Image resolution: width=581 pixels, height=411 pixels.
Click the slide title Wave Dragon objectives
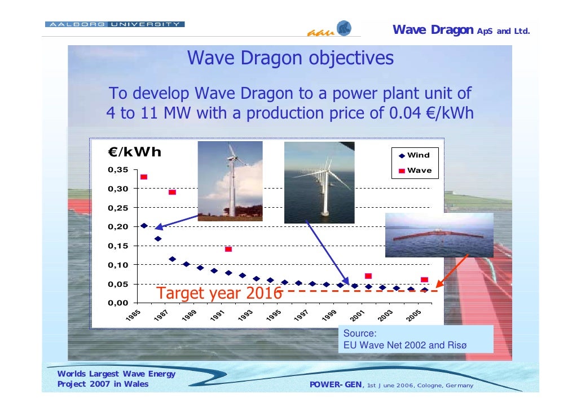(x=290, y=59)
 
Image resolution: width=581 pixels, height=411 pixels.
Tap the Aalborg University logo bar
(x=115, y=25)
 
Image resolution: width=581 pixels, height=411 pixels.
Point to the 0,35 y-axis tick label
(x=118, y=169)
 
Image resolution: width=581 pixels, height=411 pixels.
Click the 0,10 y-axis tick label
(x=118, y=265)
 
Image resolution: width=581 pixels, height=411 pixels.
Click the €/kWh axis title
(x=135, y=152)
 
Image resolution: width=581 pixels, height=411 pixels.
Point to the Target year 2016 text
(x=219, y=294)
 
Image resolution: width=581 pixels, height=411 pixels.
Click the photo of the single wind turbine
(x=230, y=180)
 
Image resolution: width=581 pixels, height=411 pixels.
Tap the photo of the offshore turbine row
(x=319, y=182)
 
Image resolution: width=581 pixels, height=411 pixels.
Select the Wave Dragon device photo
(x=439, y=235)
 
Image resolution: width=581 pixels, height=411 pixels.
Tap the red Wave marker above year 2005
(x=424, y=280)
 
